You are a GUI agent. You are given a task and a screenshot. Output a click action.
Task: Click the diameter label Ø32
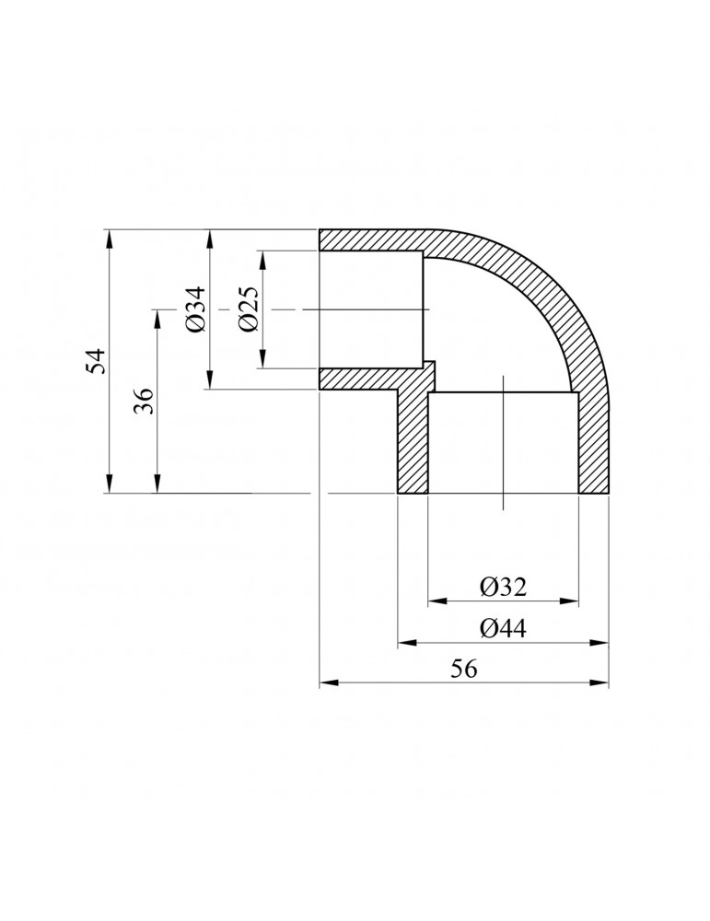[x=502, y=586]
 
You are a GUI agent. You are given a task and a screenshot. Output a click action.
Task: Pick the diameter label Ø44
[x=502, y=629]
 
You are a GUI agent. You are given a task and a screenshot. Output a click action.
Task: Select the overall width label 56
[x=463, y=670]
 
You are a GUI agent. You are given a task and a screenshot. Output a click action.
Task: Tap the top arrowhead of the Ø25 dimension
[x=262, y=259]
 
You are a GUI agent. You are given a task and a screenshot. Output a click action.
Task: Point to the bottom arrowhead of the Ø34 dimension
[x=211, y=380]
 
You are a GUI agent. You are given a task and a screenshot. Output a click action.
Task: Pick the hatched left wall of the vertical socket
[x=413, y=442]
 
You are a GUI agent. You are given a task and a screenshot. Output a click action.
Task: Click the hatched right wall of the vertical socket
[x=593, y=442]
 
